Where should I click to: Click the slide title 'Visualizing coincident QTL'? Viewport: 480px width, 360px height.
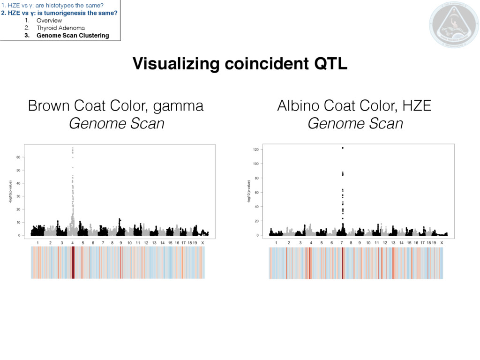tap(240, 64)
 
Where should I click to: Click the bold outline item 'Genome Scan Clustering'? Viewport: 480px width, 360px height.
tap(73, 35)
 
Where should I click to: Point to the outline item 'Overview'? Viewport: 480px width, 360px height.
tap(49, 21)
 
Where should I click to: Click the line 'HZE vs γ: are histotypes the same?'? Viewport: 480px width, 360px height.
tap(52, 5)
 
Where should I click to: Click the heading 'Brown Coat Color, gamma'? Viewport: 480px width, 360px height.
tap(116, 106)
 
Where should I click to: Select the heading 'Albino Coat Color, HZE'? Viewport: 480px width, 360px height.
tap(354, 106)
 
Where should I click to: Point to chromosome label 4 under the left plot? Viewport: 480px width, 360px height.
tap(72, 243)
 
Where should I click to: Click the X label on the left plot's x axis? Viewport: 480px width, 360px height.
tap(202, 243)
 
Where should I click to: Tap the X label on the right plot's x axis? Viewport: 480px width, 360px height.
tap(442, 243)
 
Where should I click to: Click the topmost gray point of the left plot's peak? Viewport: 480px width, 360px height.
tap(73, 148)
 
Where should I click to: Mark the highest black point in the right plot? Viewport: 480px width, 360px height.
tap(343, 148)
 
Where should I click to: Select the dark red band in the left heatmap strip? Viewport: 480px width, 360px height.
tap(73, 262)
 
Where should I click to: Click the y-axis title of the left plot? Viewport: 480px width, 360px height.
tap(10, 191)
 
